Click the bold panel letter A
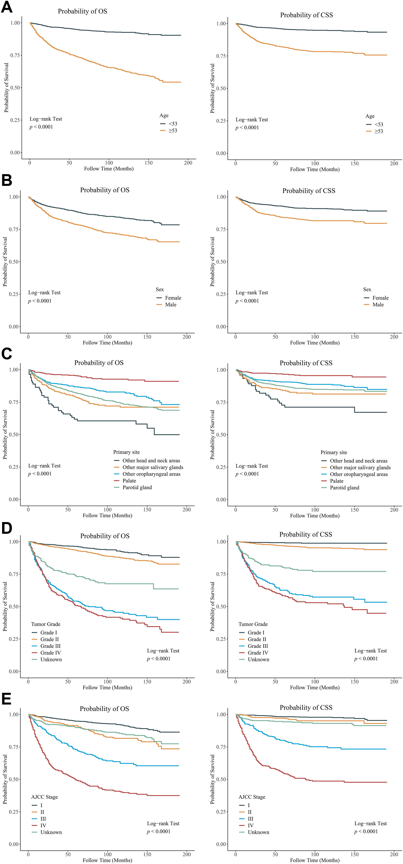click(7, 7)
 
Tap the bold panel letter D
click(7, 528)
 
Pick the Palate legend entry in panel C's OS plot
click(129, 481)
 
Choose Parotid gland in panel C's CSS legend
click(344, 488)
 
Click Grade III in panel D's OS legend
click(50, 646)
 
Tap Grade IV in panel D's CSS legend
click(258, 653)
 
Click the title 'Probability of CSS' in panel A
click(306, 15)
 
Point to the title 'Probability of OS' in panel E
click(104, 709)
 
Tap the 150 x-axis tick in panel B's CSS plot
click(354, 337)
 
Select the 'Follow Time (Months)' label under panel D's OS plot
click(107, 687)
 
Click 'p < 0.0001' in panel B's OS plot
click(40, 301)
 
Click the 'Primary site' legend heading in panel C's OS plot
click(126, 452)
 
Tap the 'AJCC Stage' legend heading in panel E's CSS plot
click(252, 797)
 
